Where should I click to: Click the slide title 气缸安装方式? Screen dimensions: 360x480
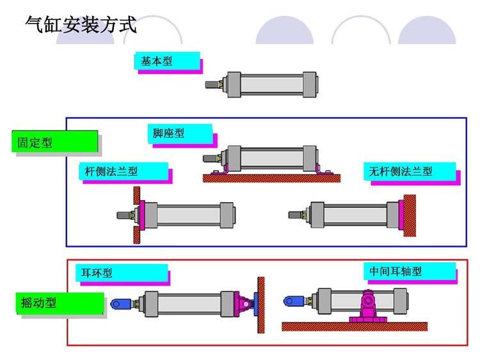point(81,25)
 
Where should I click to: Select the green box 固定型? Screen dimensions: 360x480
point(54,142)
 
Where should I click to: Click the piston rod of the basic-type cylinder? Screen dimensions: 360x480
point(212,84)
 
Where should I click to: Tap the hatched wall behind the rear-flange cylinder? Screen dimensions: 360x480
point(410,215)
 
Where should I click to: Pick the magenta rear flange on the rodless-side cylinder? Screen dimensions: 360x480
point(401,215)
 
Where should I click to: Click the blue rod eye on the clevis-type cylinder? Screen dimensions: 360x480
point(120,304)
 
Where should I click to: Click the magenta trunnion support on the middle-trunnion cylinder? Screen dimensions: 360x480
point(368,305)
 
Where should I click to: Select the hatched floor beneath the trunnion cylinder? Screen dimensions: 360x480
point(355,326)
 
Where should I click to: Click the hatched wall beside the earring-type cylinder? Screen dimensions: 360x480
point(260,305)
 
